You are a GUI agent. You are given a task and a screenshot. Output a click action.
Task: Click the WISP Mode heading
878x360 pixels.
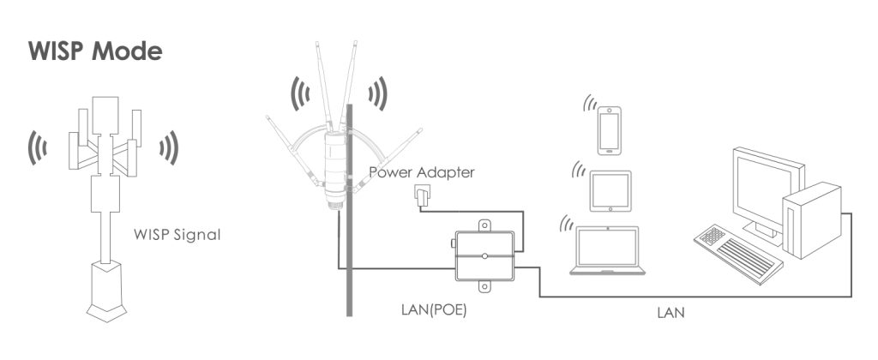pos(95,51)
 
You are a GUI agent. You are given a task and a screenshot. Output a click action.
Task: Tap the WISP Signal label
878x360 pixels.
pos(177,234)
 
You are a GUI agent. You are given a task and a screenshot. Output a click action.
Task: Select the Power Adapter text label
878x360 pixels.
pos(421,172)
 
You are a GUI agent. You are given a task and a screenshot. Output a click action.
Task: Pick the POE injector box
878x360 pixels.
pos(484,255)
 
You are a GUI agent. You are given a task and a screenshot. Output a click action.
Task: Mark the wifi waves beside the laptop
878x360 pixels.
pos(566,225)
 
